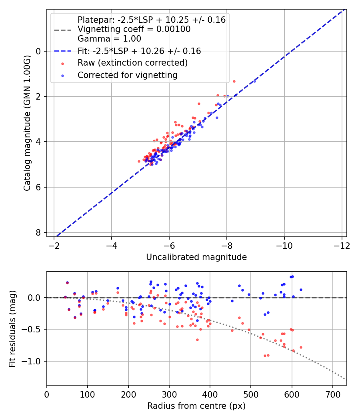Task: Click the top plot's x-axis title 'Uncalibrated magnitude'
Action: click(x=196, y=257)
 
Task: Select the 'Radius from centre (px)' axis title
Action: click(x=196, y=406)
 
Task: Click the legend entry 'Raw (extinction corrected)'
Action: click(x=132, y=63)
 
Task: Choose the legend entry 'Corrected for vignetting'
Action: click(x=127, y=75)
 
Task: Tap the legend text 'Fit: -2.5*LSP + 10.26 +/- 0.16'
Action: click(x=139, y=51)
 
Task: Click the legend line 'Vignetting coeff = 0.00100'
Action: click(x=134, y=29)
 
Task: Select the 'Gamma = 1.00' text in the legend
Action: click(x=109, y=39)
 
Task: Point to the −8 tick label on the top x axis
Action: click(x=227, y=245)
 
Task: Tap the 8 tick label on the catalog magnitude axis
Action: click(x=39, y=232)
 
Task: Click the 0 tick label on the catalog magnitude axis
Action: click(x=39, y=51)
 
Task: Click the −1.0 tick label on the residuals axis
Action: click(x=34, y=361)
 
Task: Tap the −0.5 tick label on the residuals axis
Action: click(x=34, y=329)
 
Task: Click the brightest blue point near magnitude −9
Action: click(x=254, y=81)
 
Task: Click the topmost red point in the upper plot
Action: click(x=234, y=81)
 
